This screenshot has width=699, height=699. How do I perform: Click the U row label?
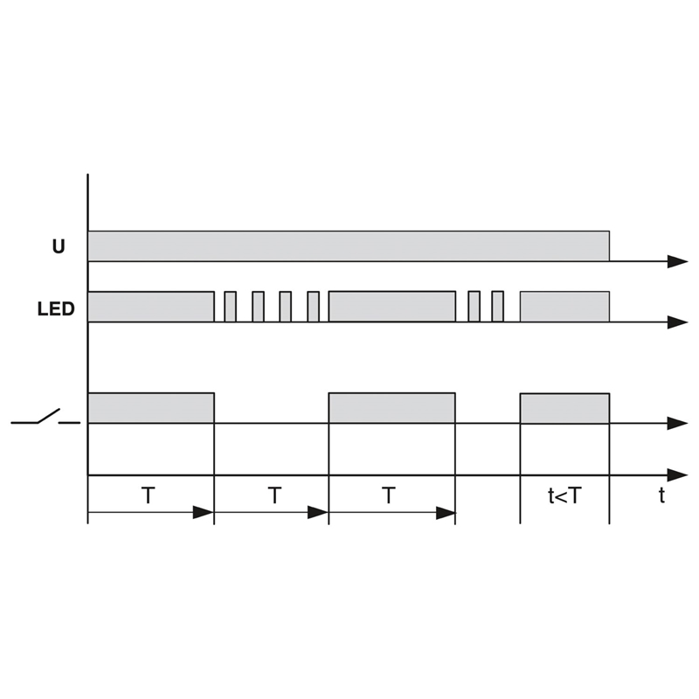[59, 246]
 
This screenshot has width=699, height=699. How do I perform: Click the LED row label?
[56, 309]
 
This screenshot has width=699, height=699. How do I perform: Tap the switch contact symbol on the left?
[45, 417]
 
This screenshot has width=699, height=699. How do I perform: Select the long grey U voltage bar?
[349, 246]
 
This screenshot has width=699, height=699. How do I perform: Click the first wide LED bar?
[151, 307]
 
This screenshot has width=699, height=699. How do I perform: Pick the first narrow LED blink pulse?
[230, 307]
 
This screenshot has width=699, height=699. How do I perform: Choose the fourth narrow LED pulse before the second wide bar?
[314, 307]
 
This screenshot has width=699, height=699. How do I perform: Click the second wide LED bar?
[392, 307]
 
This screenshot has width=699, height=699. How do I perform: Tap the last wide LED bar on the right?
[564, 307]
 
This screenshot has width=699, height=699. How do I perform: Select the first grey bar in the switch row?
[151, 408]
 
